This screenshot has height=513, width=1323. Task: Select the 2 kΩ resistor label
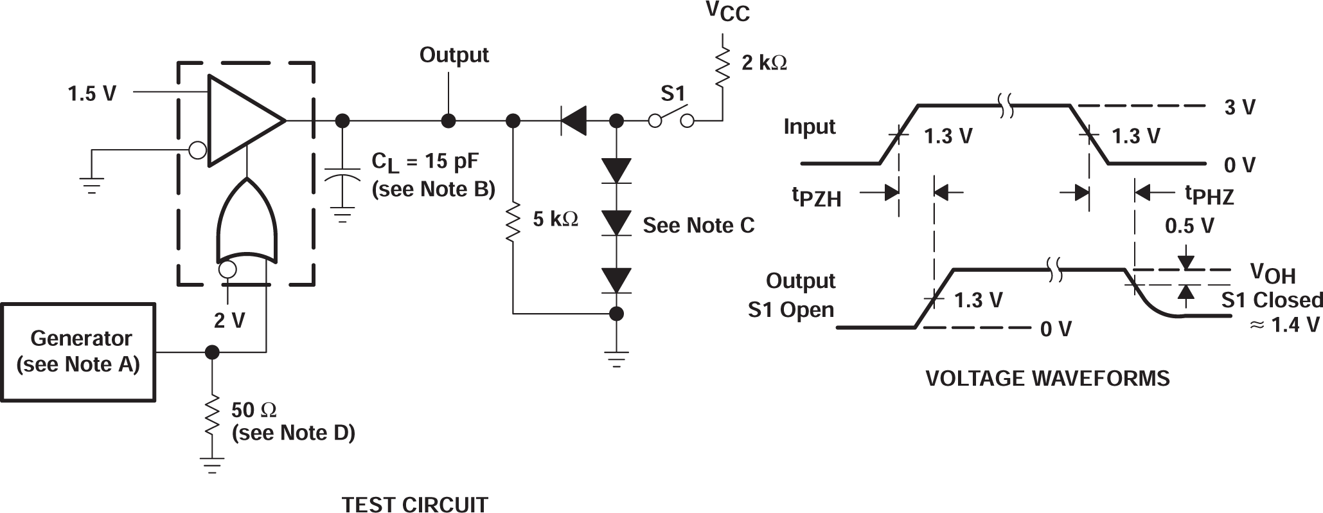[x=763, y=63]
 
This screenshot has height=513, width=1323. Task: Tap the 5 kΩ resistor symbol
[x=513, y=221]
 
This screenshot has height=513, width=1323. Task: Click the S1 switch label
[x=673, y=94]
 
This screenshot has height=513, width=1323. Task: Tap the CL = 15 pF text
[x=425, y=162]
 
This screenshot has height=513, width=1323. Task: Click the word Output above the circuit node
[x=454, y=55]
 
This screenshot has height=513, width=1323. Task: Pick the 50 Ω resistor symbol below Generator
[x=211, y=418]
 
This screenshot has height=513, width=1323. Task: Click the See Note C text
[x=698, y=226]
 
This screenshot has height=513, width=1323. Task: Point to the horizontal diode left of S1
[x=573, y=121]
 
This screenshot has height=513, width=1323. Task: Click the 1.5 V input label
[x=92, y=94]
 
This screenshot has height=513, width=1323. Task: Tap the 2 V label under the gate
[x=229, y=319]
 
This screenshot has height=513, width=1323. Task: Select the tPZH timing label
[x=816, y=196]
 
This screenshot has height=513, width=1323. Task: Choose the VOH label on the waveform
[x=1272, y=273]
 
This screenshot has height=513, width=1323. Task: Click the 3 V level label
[x=1239, y=107]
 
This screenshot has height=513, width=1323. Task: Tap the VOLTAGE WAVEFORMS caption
[x=1047, y=378]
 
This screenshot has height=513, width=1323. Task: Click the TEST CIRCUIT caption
[x=414, y=504]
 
